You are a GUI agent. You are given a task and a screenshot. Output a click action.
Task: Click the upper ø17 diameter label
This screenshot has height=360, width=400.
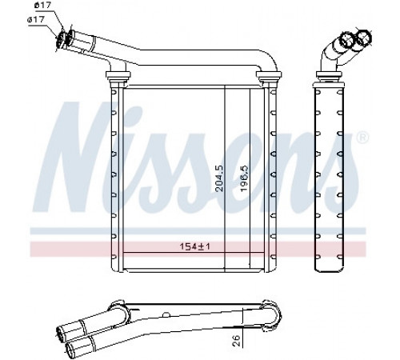click(x=42, y=5)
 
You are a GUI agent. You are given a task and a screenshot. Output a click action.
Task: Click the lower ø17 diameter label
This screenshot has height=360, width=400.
click(x=36, y=20)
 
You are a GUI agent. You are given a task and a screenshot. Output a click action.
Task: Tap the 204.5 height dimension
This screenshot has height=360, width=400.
click(x=219, y=178)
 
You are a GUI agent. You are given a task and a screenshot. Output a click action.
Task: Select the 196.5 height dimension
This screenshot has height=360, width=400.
click(x=244, y=178)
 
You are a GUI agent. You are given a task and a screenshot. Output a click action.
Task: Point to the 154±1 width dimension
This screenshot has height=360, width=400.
click(x=194, y=246)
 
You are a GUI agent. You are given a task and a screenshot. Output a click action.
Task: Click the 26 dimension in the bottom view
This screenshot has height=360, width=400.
click(x=236, y=341)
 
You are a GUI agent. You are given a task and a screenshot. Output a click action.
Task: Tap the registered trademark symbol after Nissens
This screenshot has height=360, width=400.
click(x=362, y=138)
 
